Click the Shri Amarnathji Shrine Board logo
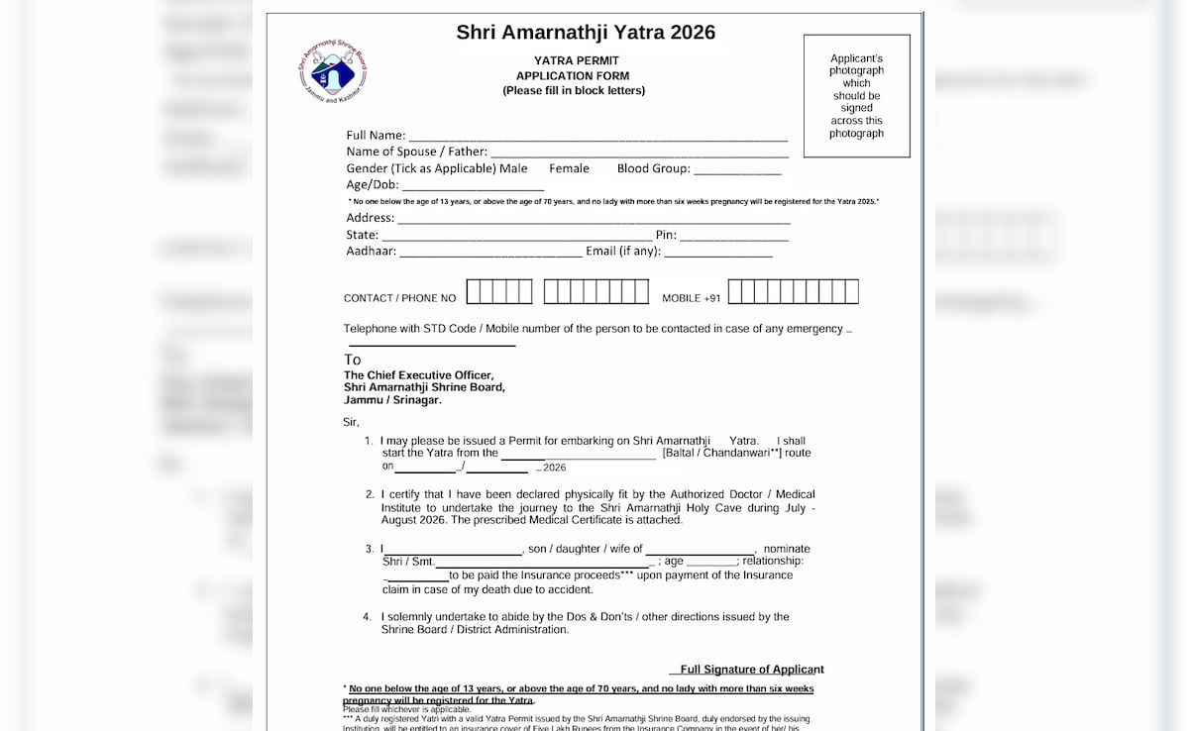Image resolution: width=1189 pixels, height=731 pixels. pyautogui.click(x=332, y=71)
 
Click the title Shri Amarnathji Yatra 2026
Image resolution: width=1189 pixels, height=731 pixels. pyautogui.click(x=586, y=33)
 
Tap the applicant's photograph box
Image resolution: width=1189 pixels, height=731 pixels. pyautogui.click(x=856, y=96)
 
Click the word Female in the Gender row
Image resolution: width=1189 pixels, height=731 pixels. pyautogui.click(x=569, y=168)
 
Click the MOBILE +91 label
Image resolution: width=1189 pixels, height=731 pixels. pyautogui.click(x=692, y=298)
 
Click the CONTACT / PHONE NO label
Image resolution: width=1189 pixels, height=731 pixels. pyautogui.click(x=400, y=298)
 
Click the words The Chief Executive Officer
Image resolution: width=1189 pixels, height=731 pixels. pyautogui.click(x=418, y=375)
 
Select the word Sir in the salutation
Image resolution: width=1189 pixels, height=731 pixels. pyautogui.click(x=351, y=422)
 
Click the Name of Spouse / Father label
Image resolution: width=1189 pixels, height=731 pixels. pyautogui.click(x=416, y=152)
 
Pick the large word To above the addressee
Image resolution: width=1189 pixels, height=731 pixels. pyautogui.click(x=353, y=360)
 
